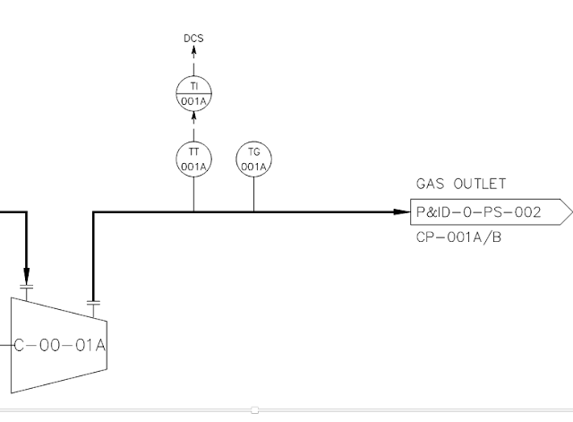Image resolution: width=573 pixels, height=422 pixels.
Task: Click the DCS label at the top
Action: [x=193, y=38]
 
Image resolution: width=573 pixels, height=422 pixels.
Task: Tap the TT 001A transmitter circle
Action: [x=193, y=159]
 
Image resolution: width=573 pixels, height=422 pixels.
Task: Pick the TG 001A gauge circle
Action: [x=253, y=159]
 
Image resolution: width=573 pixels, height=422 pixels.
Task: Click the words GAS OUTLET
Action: [x=461, y=185]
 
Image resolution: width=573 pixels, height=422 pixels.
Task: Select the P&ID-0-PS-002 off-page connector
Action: [x=488, y=212]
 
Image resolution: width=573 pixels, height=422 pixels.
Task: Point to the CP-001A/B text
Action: [x=459, y=239]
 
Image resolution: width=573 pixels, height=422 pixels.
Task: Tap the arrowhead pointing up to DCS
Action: [x=193, y=54]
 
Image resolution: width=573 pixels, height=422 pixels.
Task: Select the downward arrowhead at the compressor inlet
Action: [x=27, y=274]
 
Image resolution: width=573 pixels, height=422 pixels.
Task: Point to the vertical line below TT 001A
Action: [x=193, y=194]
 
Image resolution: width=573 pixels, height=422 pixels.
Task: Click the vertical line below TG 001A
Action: [x=253, y=194]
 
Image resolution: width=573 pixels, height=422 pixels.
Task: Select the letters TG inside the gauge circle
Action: [x=253, y=151]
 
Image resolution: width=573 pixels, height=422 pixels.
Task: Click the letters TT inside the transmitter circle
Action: [x=193, y=151]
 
